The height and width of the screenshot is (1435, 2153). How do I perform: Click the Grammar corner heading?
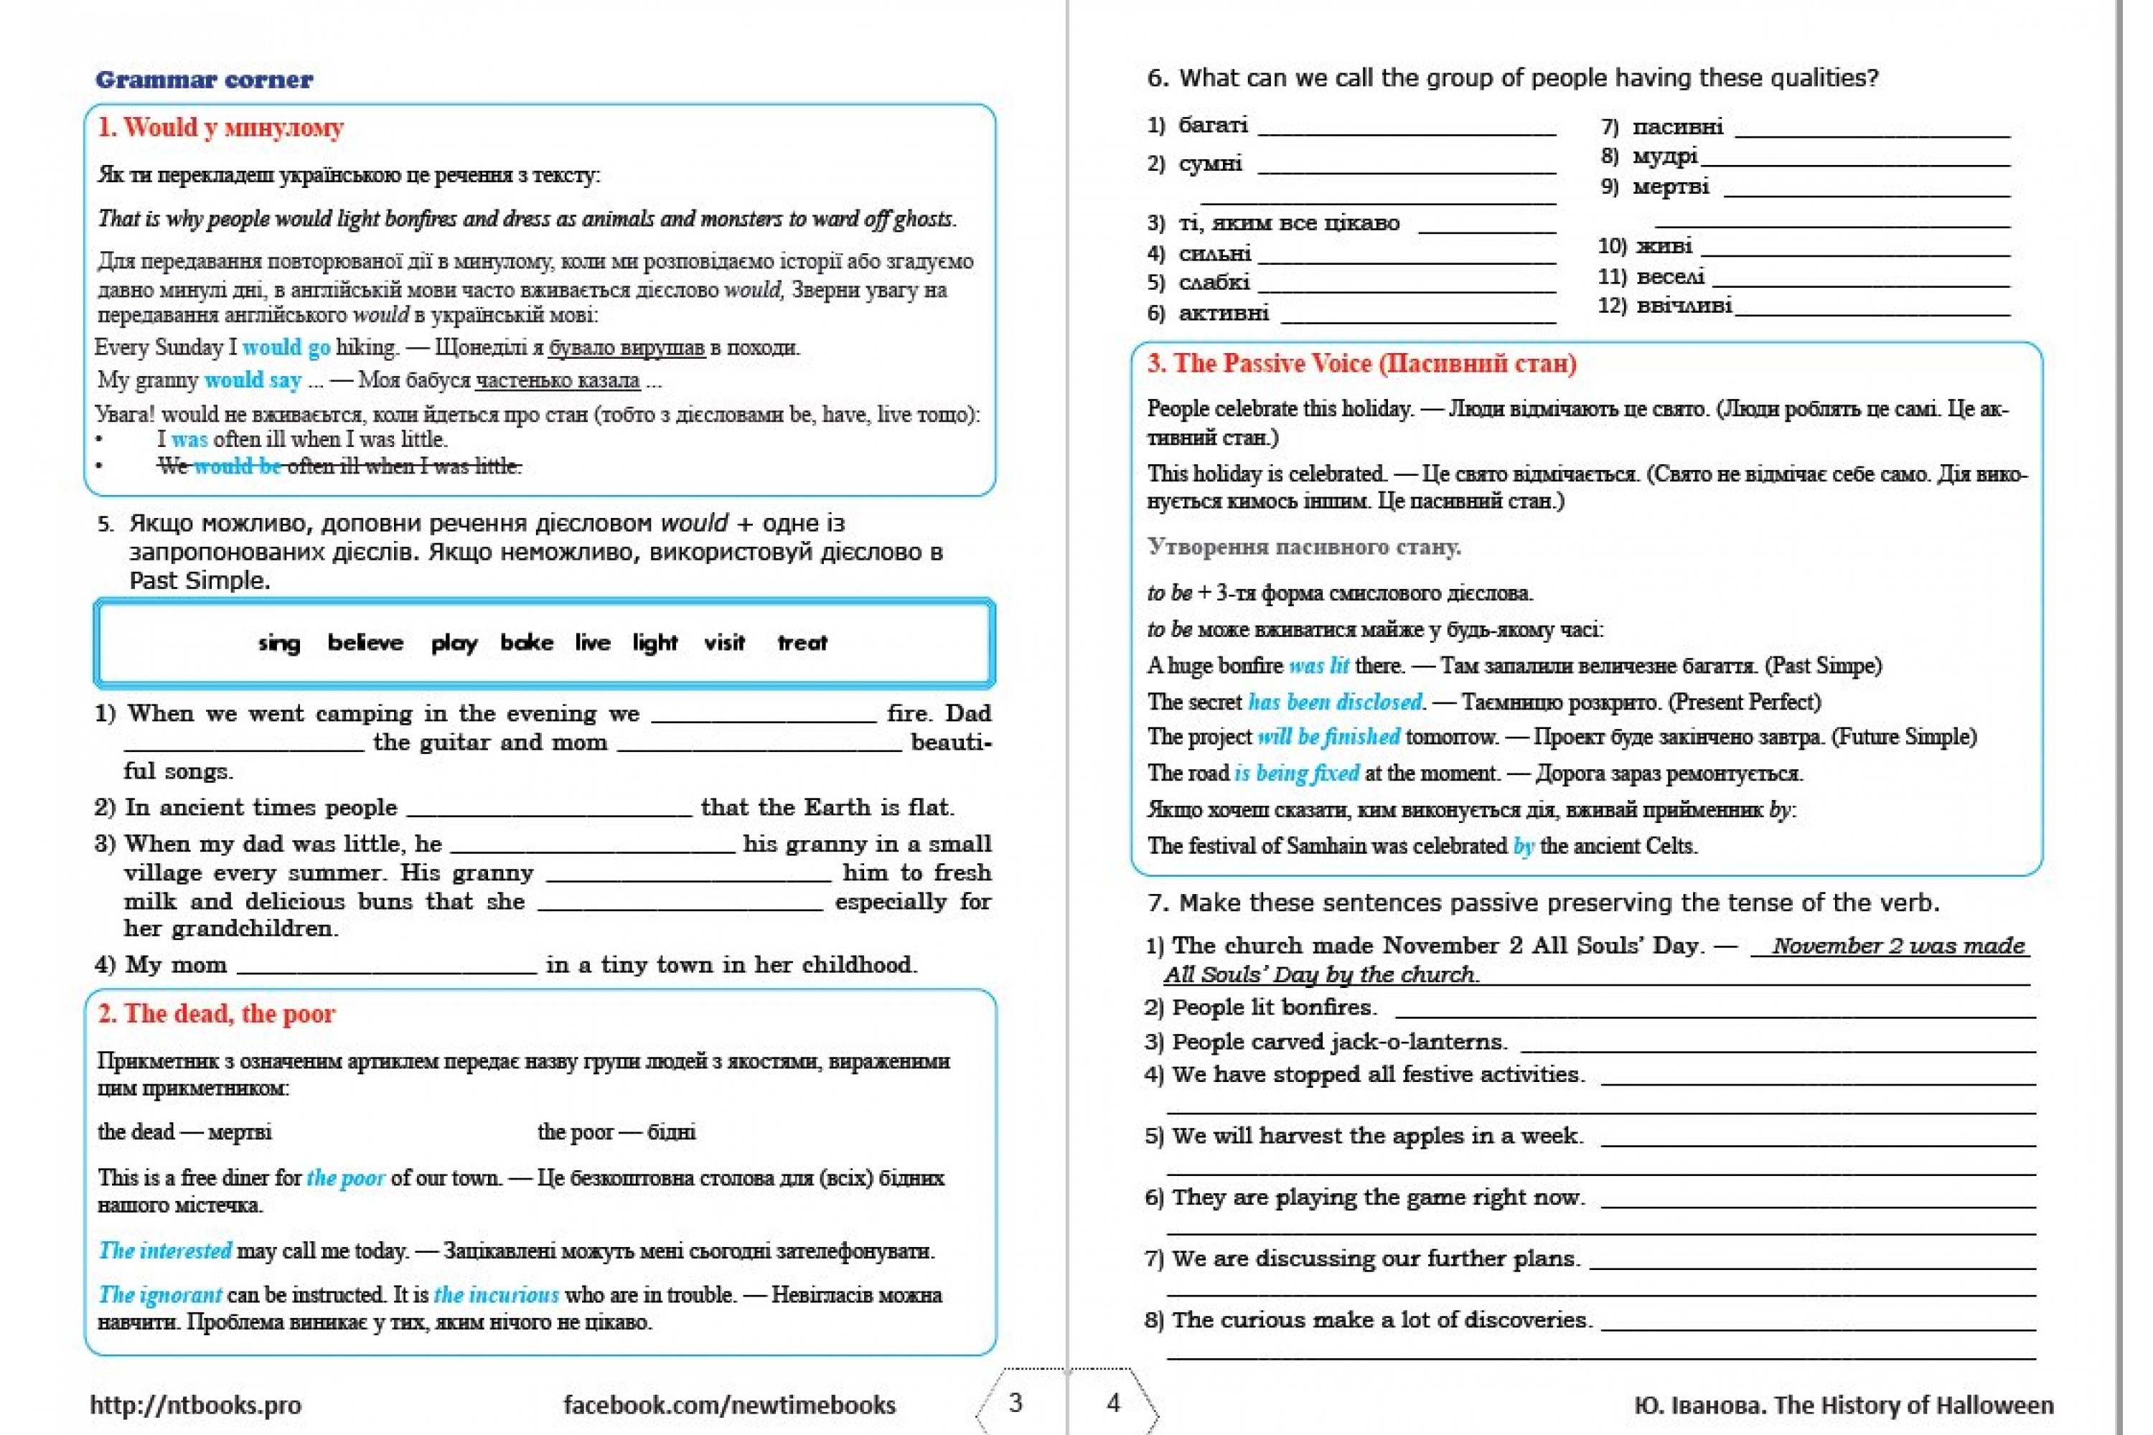pyautogui.click(x=203, y=80)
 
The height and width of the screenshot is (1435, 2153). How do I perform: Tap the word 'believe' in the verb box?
pyautogui.click(x=365, y=642)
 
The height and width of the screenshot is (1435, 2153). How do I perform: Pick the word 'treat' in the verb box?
pyautogui.click(x=802, y=642)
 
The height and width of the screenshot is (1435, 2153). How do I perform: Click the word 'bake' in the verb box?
pyautogui.click(x=526, y=642)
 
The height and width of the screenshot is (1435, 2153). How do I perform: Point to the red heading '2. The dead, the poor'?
pyautogui.click(x=216, y=1014)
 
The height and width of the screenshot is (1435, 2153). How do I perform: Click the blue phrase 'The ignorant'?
pyautogui.click(x=159, y=1295)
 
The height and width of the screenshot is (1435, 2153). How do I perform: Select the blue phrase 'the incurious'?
pyautogui.click(x=495, y=1295)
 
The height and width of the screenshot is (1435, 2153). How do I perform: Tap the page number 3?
pyautogui.click(x=1015, y=1402)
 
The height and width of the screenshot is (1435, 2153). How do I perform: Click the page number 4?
pyautogui.click(x=1113, y=1402)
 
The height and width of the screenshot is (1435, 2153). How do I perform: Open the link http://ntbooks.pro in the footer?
pyautogui.click(x=195, y=1405)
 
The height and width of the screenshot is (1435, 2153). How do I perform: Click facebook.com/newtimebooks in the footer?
pyautogui.click(x=728, y=1405)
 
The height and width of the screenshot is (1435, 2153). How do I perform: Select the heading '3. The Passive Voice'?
pyautogui.click(x=1361, y=363)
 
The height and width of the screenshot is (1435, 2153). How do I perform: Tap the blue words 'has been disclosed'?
pyautogui.click(x=1336, y=702)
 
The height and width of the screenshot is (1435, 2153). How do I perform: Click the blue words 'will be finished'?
pyautogui.click(x=1328, y=737)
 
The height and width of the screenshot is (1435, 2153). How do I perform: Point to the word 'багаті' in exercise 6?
pyautogui.click(x=1213, y=124)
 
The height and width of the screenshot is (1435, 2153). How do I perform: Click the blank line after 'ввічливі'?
pyautogui.click(x=1872, y=311)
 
